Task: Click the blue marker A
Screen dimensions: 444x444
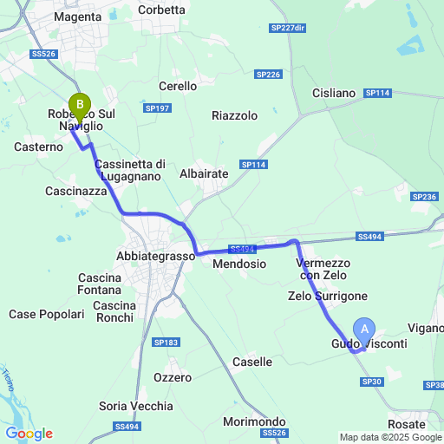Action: (x=364, y=329)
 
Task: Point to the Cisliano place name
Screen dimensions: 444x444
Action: (x=333, y=93)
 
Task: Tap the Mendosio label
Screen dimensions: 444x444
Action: (x=239, y=263)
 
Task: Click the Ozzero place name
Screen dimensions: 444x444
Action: (x=172, y=377)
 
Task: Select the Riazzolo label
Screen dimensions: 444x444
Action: (x=235, y=114)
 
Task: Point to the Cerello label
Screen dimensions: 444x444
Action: (x=180, y=86)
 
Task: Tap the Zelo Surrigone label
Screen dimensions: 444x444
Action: (x=328, y=296)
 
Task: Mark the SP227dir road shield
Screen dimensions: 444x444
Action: (x=288, y=28)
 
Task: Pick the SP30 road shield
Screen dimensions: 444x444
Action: (x=372, y=382)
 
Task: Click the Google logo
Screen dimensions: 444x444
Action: (x=29, y=434)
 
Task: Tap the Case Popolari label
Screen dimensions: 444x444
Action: (x=47, y=314)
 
